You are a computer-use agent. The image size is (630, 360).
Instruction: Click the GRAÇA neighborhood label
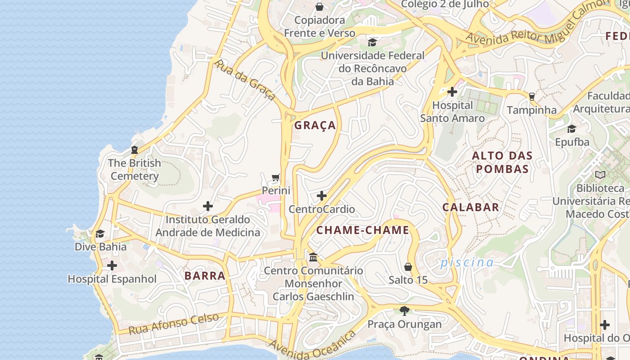tap(315, 126)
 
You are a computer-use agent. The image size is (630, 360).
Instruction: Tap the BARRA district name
tap(205, 276)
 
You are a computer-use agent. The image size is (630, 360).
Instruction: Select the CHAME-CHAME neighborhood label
tap(363, 230)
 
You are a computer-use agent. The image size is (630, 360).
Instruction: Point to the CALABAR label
tap(471, 207)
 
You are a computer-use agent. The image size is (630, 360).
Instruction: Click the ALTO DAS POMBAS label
tap(502, 162)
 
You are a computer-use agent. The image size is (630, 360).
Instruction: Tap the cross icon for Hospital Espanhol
tap(112, 265)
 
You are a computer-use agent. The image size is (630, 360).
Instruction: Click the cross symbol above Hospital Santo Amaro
tap(452, 92)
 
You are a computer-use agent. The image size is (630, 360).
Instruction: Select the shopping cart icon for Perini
tap(276, 178)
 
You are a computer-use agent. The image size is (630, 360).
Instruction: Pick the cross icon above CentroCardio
tap(322, 196)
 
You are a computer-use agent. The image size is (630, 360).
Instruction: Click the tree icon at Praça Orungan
tap(405, 310)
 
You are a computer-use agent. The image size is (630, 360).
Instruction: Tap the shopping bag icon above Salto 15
tap(408, 267)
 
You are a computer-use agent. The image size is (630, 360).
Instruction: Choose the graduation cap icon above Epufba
tap(571, 129)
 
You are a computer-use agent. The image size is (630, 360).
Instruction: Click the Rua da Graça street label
tap(244, 80)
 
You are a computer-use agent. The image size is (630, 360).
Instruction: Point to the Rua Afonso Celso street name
tap(174, 324)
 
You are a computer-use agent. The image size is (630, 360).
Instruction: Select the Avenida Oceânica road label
tap(313, 345)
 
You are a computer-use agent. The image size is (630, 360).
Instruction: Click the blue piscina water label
tap(467, 262)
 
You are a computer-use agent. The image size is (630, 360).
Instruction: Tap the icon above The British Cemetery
tap(134, 150)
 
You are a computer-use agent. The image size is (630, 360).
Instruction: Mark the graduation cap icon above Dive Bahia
tap(100, 234)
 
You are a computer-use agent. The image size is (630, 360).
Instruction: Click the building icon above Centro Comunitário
tap(313, 257)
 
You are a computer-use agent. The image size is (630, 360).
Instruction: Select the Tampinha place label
tap(531, 110)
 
